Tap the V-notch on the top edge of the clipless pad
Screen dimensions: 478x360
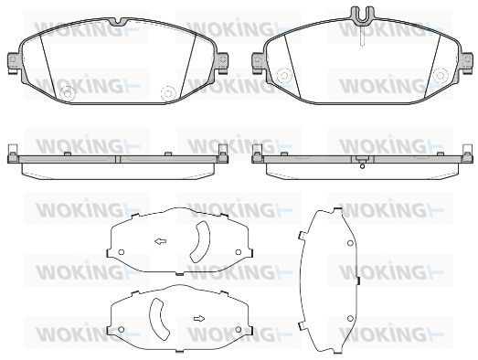119,22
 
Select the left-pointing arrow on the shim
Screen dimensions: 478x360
160,242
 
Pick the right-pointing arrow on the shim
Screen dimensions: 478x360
199,319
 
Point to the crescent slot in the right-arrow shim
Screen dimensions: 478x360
159,319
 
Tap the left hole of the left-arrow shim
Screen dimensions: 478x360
121,252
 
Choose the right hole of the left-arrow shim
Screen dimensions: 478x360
239,252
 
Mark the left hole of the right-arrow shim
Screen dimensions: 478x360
121,330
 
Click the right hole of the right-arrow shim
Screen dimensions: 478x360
239,330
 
